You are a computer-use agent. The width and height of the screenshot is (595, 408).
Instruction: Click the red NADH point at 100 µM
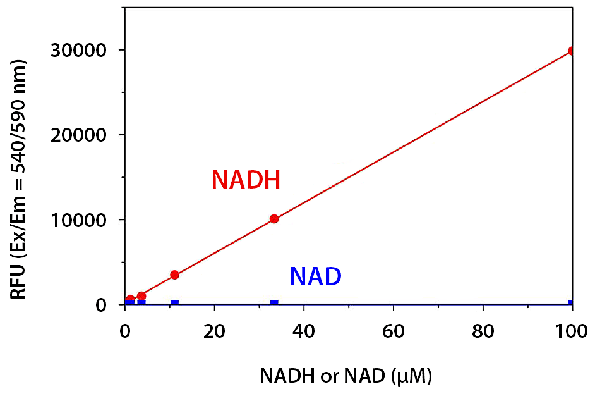pyautogui.click(x=571, y=51)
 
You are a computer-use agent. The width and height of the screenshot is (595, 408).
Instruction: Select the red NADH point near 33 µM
pyautogui.click(x=273, y=219)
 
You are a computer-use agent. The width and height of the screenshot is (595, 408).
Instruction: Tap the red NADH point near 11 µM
pyautogui.click(x=174, y=275)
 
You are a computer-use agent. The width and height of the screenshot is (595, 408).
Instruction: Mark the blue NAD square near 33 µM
pyautogui.click(x=273, y=304)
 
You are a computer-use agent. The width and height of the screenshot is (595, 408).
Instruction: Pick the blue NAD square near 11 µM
pyautogui.click(x=174, y=304)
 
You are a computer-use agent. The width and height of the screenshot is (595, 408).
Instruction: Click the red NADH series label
pyautogui.click(x=246, y=180)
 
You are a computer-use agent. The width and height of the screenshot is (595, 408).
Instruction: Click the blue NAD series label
pyautogui.click(x=315, y=276)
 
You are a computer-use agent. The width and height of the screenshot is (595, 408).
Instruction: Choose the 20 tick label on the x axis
pyautogui.click(x=215, y=330)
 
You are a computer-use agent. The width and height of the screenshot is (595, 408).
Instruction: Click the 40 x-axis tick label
pyautogui.click(x=304, y=330)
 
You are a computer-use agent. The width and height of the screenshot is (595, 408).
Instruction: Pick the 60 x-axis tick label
pyautogui.click(x=394, y=330)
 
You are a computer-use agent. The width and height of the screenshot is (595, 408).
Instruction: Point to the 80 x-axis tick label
pyautogui.click(x=483, y=330)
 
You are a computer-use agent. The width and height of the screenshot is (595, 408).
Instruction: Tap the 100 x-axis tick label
pyautogui.click(x=572, y=330)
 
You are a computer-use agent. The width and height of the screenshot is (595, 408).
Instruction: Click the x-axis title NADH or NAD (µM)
pyautogui.click(x=346, y=377)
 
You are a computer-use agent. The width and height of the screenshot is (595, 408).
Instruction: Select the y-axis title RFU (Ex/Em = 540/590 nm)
pyautogui.click(x=19, y=180)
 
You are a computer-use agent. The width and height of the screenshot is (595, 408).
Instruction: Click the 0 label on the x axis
pyautogui.click(x=125, y=330)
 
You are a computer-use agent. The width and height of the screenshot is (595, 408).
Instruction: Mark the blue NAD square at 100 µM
pyautogui.click(x=571, y=304)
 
